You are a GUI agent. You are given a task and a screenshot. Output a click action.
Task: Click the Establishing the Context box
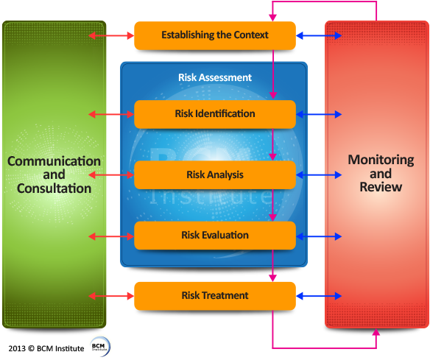214,35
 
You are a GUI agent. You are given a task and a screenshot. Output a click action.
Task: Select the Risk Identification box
214,114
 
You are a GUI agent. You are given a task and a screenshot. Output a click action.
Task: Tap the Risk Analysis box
214,175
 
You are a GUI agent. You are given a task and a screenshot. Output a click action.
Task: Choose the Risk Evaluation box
214,236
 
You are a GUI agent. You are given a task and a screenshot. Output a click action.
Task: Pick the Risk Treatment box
214,296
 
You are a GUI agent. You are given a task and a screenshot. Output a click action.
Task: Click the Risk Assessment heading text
214,77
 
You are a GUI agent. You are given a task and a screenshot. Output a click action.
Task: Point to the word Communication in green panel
54,161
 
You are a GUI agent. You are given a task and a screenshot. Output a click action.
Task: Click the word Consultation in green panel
54,188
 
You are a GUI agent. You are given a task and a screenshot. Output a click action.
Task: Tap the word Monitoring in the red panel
381,160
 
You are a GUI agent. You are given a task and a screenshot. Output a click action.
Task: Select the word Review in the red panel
381,187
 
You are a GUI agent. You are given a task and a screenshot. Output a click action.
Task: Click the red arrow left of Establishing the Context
110,35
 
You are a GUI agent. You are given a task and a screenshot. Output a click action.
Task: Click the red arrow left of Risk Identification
110,114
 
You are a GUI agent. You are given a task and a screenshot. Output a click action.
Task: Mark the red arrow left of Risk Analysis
110,175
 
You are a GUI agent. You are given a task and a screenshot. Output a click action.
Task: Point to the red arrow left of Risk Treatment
110,296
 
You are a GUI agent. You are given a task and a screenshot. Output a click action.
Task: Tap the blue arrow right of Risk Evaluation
319,236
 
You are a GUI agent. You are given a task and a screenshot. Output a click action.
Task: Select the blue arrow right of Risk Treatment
319,296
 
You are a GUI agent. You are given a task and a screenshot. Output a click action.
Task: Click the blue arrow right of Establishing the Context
319,35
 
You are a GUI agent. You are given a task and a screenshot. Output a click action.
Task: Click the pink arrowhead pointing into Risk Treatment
273,277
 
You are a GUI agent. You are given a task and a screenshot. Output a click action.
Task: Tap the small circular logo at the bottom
100,346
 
